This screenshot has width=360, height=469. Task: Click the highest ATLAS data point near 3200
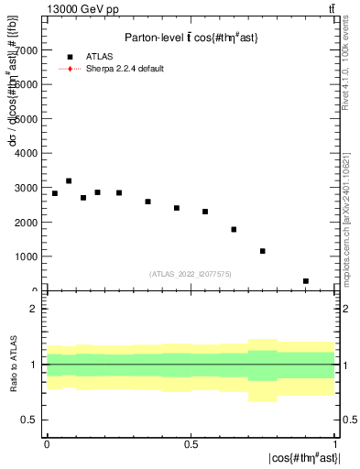tap(69, 180)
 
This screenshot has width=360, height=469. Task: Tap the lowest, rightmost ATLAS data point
tap(306, 281)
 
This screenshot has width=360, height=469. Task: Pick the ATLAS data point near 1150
tap(263, 251)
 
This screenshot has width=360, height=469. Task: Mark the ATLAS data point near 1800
tap(234, 229)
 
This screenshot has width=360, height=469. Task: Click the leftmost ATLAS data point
tap(54, 193)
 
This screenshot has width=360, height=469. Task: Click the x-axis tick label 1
tap(335, 443)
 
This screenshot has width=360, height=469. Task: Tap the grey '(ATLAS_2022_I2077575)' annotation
tap(191, 273)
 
